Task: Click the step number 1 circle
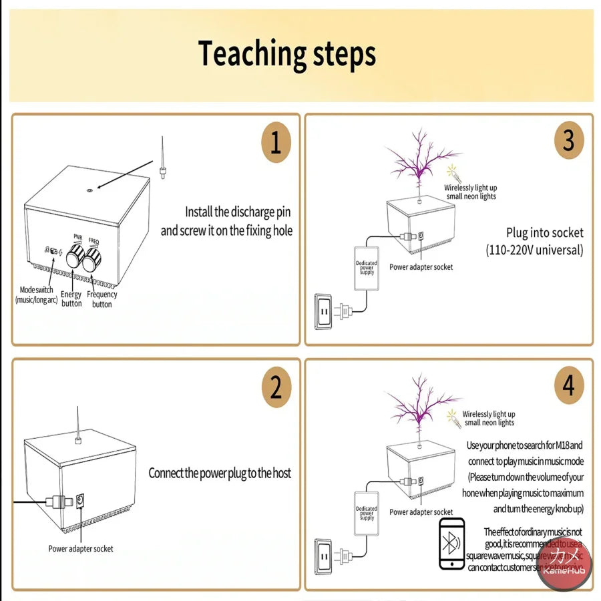pyautogui.click(x=276, y=143)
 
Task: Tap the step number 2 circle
pyautogui.click(x=276, y=388)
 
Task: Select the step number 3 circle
pyautogui.click(x=568, y=141)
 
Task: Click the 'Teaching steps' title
pyautogui.click(x=287, y=54)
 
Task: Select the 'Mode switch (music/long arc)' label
pyautogui.click(x=37, y=295)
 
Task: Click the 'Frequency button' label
pyautogui.click(x=102, y=299)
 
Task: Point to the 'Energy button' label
pyautogui.click(x=71, y=298)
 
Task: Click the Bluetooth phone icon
pyautogui.click(x=452, y=543)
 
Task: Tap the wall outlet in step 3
pyautogui.click(x=323, y=313)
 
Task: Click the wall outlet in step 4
pyautogui.click(x=323, y=554)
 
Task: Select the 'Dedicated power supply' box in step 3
pyautogui.click(x=366, y=268)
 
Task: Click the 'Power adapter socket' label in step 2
pyautogui.click(x=81, y=549)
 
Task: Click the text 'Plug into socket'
pyautogui.click(x=544, y=233)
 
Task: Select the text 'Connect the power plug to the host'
pyautogui.click(x=220, y=473)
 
